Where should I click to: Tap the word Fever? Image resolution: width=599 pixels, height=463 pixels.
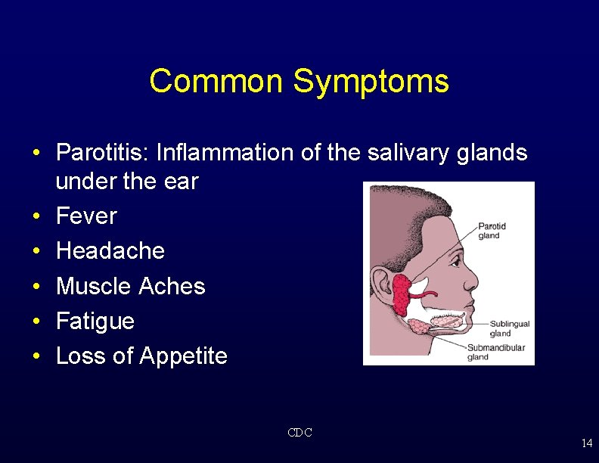87,216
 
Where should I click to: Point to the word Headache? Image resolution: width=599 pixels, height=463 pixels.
110,251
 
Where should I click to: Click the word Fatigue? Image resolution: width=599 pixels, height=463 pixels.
95,322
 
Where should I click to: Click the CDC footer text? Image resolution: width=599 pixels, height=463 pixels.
299,433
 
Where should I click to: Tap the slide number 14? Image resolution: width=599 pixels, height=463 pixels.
586,443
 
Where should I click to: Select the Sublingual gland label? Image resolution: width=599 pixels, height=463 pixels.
509,328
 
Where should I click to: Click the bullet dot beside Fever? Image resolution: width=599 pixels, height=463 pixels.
36,217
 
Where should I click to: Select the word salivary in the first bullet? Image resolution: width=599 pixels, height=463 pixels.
407,153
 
